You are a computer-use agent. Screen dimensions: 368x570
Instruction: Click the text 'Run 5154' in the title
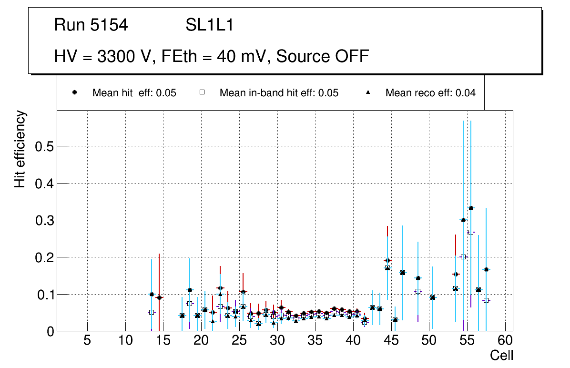coord(91,25)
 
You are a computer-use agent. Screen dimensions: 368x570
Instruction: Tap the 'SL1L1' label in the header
coord(209,25)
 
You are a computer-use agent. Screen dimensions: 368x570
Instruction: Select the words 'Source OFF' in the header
coord(323,56)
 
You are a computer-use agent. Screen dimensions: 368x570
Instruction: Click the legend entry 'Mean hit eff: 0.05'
coord(134,93)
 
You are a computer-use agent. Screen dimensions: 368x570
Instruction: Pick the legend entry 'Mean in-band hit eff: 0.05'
coord(279,93)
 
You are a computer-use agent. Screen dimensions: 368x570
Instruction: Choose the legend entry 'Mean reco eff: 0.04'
coord(430,93)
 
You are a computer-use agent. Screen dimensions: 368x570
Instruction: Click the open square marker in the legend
coord(202,93)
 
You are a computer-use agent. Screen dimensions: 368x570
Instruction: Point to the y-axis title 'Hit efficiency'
coord(20,149)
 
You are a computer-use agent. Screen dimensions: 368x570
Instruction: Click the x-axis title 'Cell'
coord(501,355)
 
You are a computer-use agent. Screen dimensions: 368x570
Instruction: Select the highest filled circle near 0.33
coord(471,208)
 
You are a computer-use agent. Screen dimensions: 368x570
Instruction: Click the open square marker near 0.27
coord(471,232)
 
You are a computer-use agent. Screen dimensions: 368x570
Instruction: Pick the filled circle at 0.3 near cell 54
coord(463,220)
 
